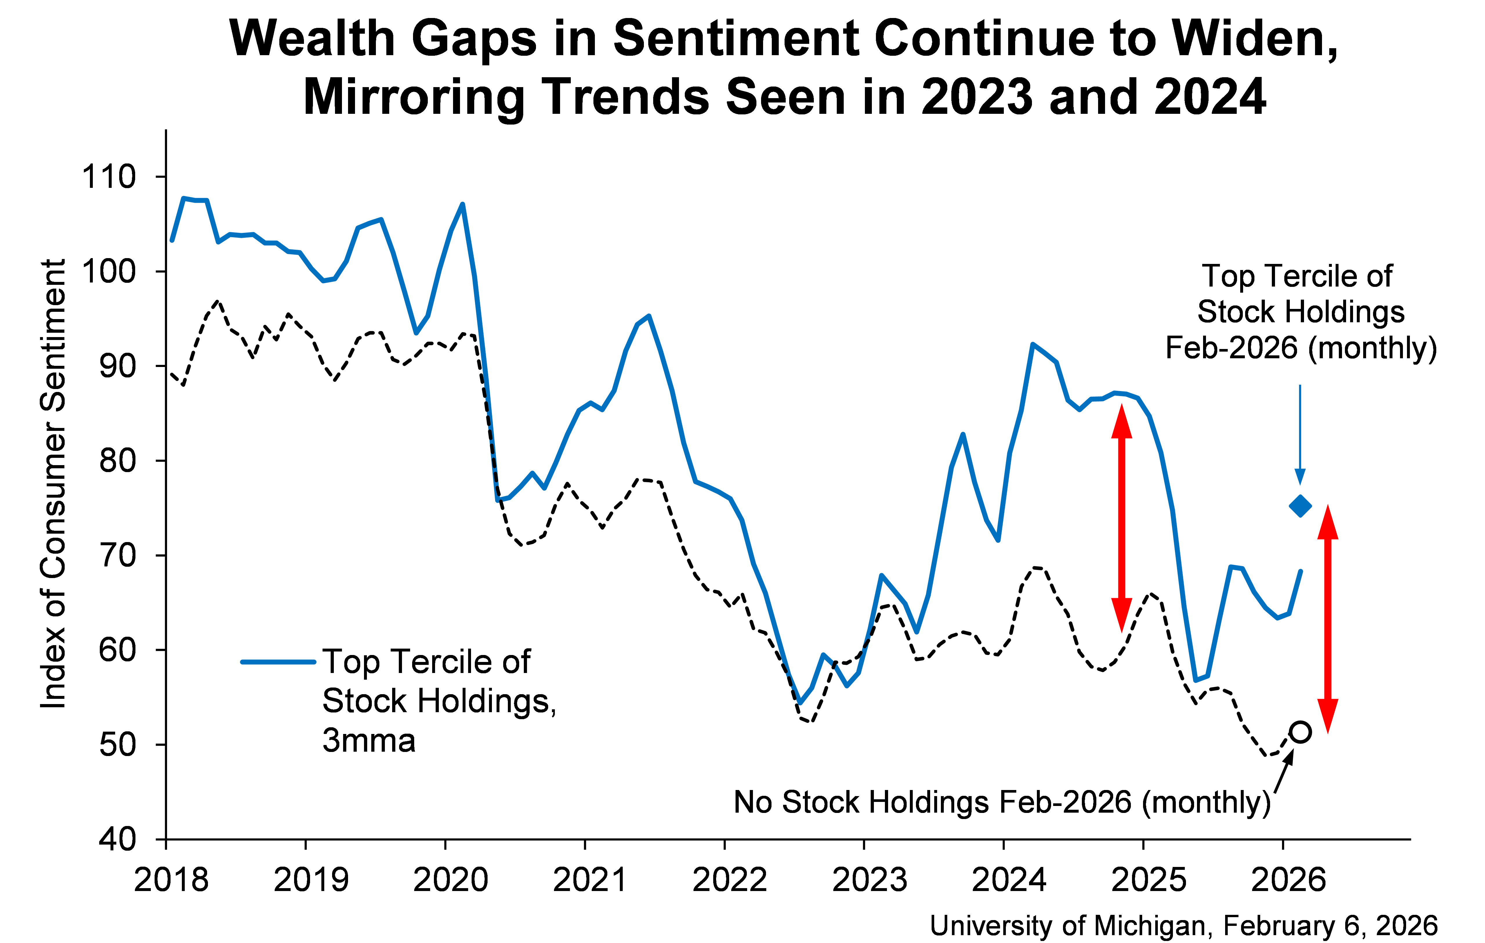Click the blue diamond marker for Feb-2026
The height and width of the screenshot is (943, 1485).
(1300, 506)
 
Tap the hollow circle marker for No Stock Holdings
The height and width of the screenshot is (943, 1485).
(1300, 732)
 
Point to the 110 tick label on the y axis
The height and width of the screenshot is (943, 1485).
(108, 177)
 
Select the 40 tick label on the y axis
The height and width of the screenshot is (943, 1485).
(117, 839)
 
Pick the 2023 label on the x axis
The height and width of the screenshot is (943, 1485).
(870, 879)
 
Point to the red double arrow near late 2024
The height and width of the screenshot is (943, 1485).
(1121, 519)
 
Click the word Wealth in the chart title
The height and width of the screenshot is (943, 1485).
(312, 38)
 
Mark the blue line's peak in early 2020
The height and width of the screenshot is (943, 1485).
(463, 204)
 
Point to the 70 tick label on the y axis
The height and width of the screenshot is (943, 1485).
(117, 555)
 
